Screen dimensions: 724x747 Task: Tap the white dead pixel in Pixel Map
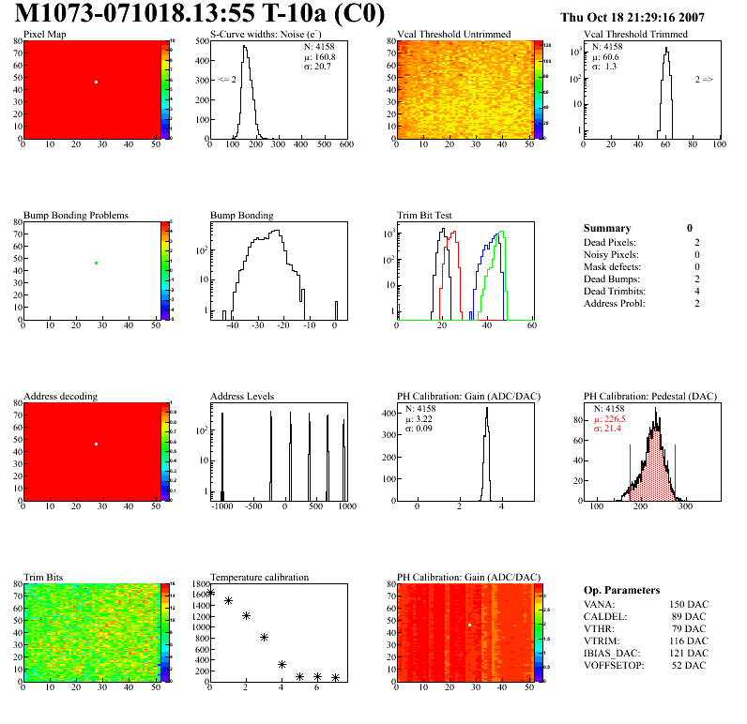pos(96,83)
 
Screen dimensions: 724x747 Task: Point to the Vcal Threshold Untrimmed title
pos(453,35)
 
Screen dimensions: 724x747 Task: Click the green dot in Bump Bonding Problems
pos(96,264)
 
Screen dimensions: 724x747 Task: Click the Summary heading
pos(607,228)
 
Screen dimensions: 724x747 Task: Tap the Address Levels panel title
pos(242,397)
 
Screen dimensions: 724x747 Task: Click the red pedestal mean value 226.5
pos(616,419)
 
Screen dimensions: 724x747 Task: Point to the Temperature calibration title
pos(259,578)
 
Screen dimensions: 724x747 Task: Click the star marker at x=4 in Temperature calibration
pos(282,664)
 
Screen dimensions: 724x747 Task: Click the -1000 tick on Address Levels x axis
pos(222,506)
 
